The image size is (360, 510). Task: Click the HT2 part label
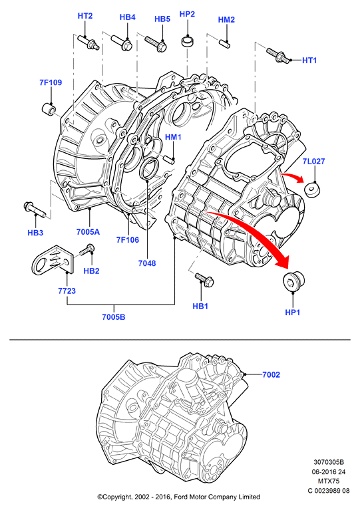coord(85,15)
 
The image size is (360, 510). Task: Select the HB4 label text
coord(127,17)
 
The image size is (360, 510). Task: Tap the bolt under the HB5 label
coord(156,44)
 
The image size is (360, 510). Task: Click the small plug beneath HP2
coord(187,42)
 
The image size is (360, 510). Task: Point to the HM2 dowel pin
coord(224,43)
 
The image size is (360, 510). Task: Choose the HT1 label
coord(309,60)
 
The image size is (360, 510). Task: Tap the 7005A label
coord(88,231)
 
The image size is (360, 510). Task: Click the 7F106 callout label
coord(128,240)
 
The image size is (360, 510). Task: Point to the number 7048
coord(147,263)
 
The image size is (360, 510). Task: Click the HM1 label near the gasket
coord(173,137)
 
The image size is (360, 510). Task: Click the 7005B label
coord(114,317)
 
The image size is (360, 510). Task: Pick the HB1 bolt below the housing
coord(204,279)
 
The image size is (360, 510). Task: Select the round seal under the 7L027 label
coord(312,190)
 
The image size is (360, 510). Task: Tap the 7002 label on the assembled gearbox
coord(271,375)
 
